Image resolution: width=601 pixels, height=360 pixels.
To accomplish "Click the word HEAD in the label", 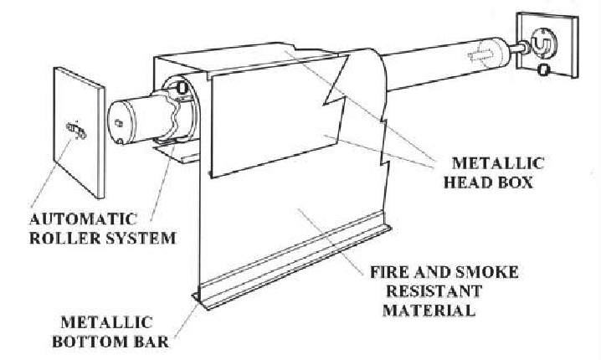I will (x=473, y=183).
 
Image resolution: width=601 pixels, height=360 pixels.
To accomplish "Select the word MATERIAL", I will (x=429, y=310).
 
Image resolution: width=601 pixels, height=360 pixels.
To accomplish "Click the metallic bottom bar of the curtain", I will (x=293, y=260).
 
